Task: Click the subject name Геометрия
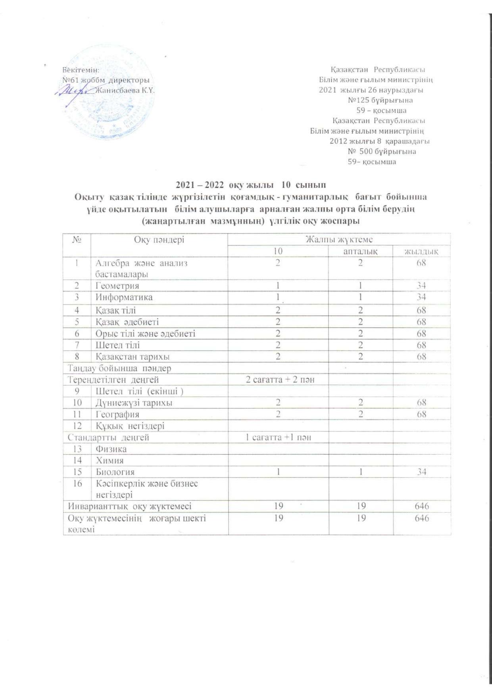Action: [117, 286]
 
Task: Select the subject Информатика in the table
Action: [124, 297]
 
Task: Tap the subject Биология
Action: [115, 472]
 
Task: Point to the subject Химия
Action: [110, 460]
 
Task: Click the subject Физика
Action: [111, 449]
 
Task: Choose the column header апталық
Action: [360, 251]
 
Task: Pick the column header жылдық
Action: [421, 251]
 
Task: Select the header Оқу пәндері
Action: [159, 239]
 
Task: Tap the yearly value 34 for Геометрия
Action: [421, 286]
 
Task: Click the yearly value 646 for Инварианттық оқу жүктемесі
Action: [421, 506]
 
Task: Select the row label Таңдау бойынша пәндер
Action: [119, 368]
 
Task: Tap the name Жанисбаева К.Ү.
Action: [125, 90]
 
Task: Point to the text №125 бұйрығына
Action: [380, 100]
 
